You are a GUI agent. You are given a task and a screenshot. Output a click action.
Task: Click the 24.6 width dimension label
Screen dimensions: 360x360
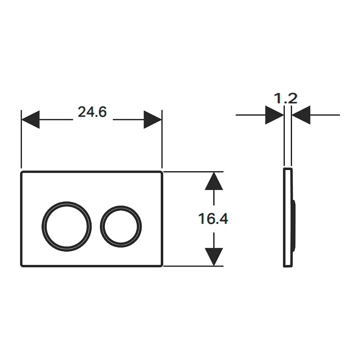[92, 112]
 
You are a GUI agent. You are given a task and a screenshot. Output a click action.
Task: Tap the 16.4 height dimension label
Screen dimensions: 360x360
[213, 218]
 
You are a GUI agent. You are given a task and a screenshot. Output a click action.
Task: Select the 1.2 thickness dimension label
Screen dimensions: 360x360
[286, 98]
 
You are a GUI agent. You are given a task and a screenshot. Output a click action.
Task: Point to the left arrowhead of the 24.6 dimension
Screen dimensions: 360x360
[30, 119]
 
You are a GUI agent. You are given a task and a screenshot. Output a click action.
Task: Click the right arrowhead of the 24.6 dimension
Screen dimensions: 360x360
[153, 119]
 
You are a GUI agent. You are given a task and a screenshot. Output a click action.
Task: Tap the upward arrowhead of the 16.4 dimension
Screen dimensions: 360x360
[214, 181]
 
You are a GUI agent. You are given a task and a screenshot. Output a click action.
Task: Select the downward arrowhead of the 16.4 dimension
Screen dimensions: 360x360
[214, 257]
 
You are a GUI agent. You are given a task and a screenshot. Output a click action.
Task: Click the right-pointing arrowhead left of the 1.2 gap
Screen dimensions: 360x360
[274, 115]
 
